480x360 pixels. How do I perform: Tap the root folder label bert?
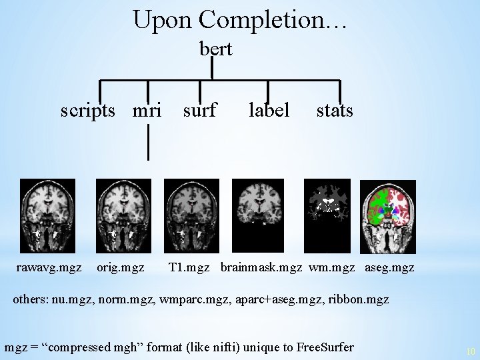(216, 49)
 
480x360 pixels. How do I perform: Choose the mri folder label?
(147, 110)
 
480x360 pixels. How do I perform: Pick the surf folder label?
(199, 110)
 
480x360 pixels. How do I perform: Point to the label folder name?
(269, 110)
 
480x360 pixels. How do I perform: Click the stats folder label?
(335, 110)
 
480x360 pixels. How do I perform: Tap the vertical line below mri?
(148, 143)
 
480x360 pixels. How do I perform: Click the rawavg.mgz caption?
(49, 267)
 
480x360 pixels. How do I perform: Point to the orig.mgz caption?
(120, 267)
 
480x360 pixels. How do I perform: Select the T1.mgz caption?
(189, 267)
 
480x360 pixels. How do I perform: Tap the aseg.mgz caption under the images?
(389, 267)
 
